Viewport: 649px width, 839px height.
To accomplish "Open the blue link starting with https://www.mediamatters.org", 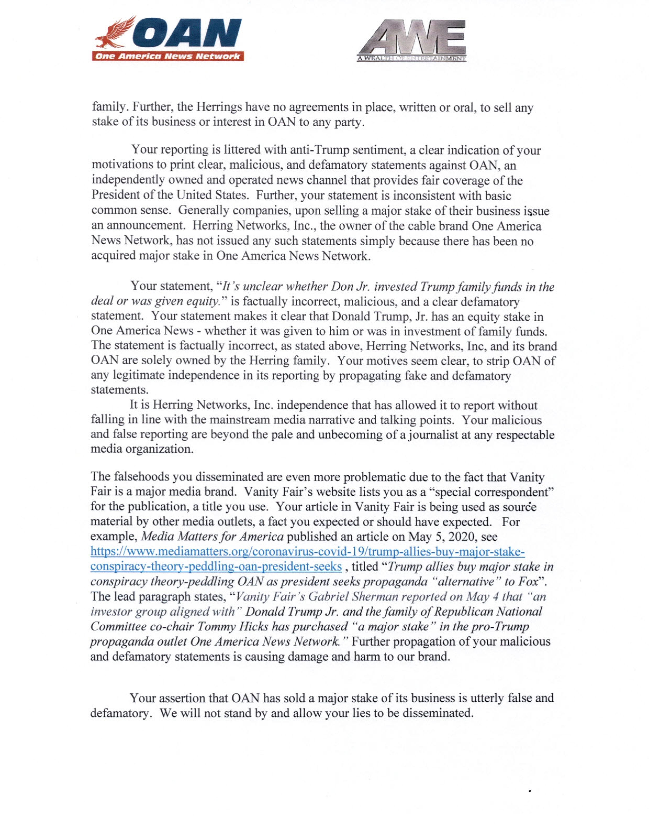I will coord(307,552).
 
